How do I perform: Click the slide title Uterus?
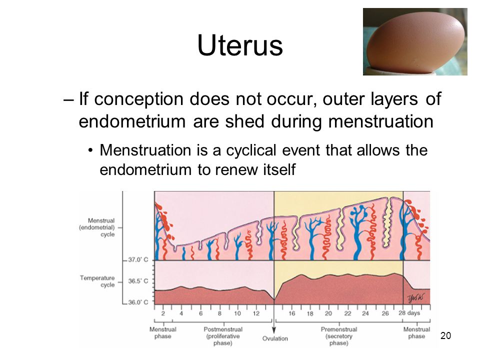coord(240,45)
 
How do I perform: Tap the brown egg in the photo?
coord(416,41)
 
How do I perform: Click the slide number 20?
coord(445,335)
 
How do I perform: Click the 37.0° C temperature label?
coord(138,259)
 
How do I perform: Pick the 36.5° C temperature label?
coord(138,281)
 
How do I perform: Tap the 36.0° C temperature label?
coord(138,302)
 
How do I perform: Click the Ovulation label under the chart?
coord(275,338)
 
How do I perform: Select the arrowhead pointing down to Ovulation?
coord(274,330)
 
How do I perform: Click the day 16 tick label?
coord(291,313)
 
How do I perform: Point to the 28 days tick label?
coord(409,313)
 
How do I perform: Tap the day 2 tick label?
coord(163,313)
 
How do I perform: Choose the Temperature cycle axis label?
coord(97,281)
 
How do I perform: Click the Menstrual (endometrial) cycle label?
coord(96,227)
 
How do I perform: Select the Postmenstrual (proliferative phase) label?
coord(223,336)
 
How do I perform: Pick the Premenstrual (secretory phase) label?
coord(339,336)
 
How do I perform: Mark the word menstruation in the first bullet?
coord(381,121)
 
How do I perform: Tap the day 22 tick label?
coord(347,313)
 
